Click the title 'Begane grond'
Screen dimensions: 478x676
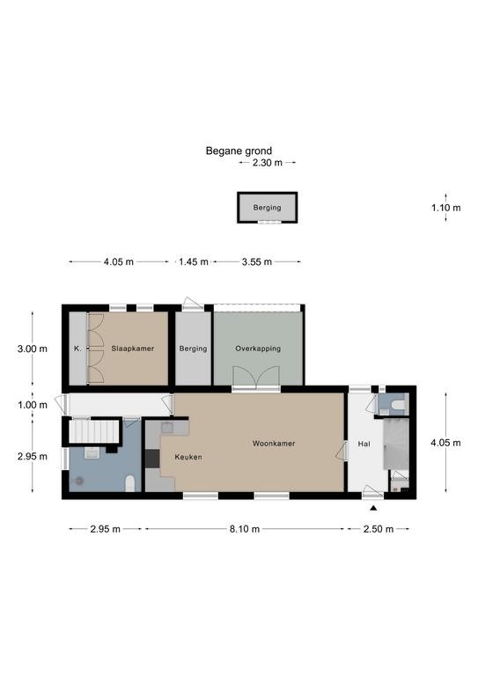(239, 151)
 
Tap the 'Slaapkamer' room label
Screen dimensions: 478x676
(132, 349)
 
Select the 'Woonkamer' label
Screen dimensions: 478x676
(274, 444)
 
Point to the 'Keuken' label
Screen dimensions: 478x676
(188, 457)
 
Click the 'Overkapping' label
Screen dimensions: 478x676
(258, 349)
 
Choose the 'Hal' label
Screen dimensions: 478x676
(364, 444)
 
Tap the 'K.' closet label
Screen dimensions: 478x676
(77, 349)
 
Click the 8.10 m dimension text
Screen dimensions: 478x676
(245, 529)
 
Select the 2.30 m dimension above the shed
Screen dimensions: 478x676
(268, 163)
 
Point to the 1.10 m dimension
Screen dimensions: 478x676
(446, 208)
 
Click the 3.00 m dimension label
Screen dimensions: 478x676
(33, 349)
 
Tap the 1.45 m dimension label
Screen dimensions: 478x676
(194, 261)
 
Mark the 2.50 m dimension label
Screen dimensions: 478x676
(378, 529)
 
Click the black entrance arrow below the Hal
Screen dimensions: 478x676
(373, 508)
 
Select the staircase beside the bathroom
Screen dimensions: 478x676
(94, 431)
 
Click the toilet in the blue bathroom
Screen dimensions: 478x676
(129, 484)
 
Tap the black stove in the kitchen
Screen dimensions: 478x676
(151, 459)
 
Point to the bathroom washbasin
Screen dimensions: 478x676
(92, 453)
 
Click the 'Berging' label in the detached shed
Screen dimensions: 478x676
(268, 208)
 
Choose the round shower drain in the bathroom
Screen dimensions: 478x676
(80, 481)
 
